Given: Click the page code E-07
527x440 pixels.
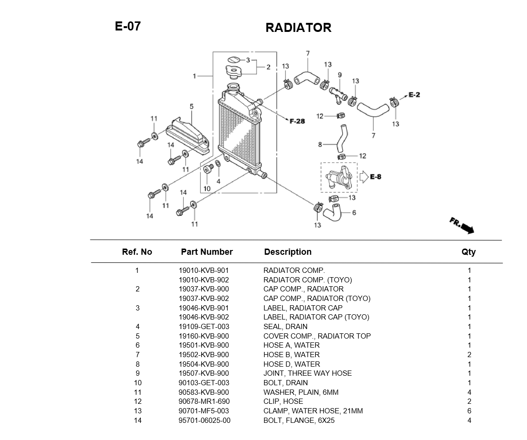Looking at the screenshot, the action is click(128, 26).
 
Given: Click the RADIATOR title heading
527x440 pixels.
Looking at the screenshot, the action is click(298, 28).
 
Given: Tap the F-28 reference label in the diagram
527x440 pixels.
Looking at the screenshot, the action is click(297, 121).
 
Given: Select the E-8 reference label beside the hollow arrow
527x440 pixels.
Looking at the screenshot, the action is click(375, 177).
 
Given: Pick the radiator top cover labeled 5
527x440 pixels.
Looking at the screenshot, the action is click(188, 136).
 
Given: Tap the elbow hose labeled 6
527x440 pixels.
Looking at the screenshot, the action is click(332, 212).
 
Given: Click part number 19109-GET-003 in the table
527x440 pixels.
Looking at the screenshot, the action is click(204, 327).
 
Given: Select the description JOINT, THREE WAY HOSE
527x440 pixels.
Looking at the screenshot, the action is click(308, 373).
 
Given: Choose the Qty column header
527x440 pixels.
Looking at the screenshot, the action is click(468, 252).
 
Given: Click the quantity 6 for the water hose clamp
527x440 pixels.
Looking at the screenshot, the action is click(469, 411).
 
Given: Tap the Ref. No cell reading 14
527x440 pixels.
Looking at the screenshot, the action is click(137, 420).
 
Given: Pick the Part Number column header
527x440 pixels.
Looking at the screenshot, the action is click(207, 252).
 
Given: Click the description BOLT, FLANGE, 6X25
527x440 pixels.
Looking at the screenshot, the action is click(299, 420).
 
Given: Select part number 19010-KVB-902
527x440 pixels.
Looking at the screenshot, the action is click(204, 280).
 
